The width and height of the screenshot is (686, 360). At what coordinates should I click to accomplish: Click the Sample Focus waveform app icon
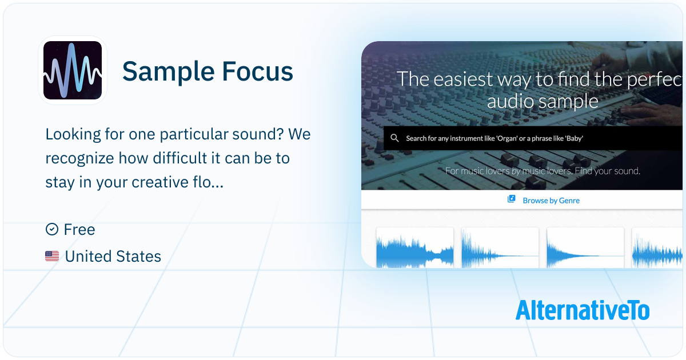[73, 70]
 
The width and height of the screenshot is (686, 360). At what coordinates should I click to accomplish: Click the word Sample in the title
[169, 72]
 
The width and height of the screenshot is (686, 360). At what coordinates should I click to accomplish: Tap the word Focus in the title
[258, 71]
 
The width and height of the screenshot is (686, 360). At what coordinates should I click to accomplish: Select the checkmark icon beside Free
[52, 229]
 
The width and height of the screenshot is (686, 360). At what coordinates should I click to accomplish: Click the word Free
[79, 229]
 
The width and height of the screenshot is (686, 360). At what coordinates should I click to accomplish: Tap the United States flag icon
[52, 256]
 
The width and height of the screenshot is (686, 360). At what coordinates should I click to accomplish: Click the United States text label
[113, 256]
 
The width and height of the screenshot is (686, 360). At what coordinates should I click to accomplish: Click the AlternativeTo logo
[583, 310]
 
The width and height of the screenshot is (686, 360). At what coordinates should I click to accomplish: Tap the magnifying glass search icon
[394, 138]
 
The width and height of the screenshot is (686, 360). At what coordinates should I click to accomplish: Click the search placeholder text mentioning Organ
[494, 138]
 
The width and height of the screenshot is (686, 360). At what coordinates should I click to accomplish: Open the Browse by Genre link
[551, 201]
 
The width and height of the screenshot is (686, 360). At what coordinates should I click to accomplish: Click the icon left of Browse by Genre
[511, 199]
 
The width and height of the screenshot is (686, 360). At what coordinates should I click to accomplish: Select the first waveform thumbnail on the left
[414, 247]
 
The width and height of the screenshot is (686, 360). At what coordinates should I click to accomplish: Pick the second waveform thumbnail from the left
[500, 247]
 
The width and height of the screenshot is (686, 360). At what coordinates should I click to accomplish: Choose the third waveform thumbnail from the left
[585, 247]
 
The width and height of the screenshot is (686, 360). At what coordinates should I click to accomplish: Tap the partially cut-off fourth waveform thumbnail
[657, 247]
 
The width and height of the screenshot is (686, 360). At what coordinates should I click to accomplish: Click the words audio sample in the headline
[543, 101]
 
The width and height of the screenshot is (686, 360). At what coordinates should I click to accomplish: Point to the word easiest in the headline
[463, 79]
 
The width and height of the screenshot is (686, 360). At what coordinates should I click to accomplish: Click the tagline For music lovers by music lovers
[509, 171]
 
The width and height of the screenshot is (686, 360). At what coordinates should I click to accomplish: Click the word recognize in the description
[79, 159]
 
